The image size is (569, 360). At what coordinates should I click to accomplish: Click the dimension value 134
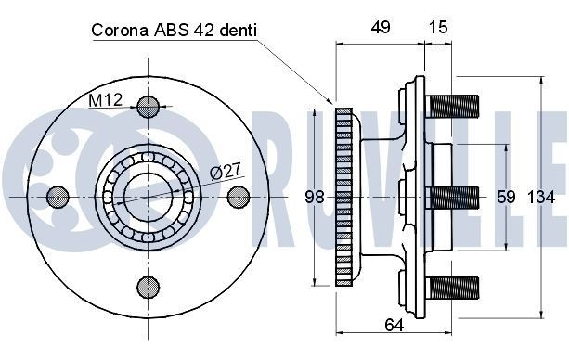[540, 197]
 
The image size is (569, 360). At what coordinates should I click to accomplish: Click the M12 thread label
[105, 99]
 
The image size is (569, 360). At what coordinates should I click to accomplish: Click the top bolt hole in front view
[148, 107]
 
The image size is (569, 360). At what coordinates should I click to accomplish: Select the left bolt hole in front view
[58, 197]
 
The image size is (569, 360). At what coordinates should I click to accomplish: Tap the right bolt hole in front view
[238, 197]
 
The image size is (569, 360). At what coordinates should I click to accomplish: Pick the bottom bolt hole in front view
[148, 287]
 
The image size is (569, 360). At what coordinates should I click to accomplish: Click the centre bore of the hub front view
[148, 197]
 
